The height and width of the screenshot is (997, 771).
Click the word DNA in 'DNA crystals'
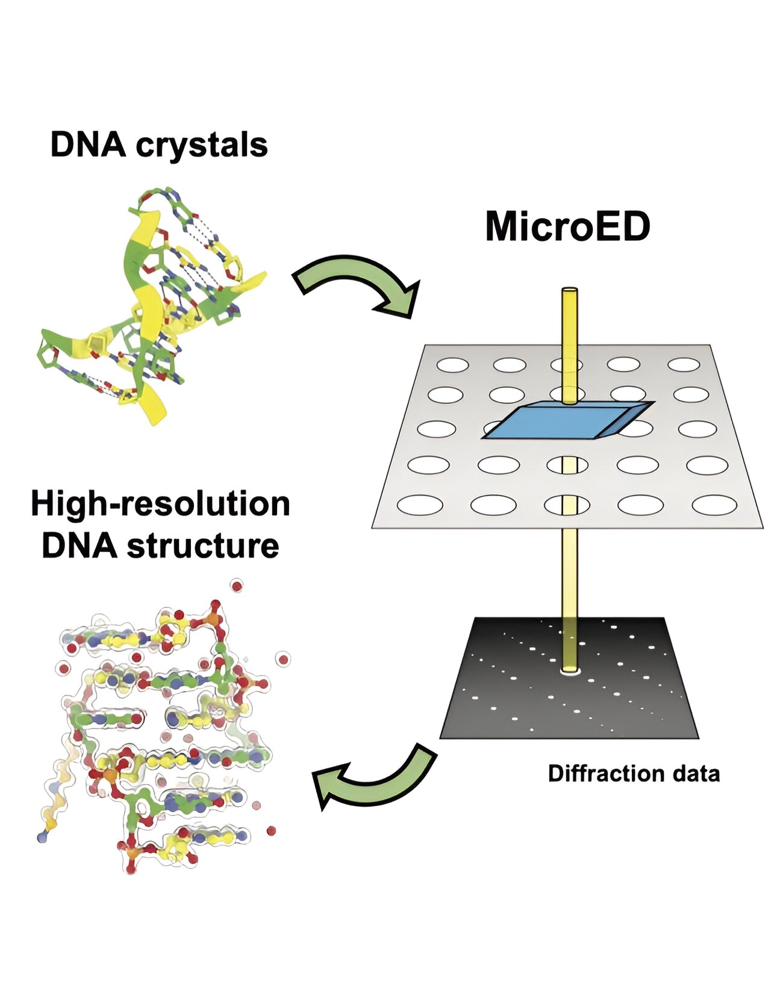[88, 145]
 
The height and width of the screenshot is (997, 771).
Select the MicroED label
[567, 227]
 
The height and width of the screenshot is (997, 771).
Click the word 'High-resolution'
[160, 504]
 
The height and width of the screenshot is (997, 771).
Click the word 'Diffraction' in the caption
[603, 773]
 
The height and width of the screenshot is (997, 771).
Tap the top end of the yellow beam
[569, 293]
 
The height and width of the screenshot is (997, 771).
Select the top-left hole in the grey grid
[452, 365]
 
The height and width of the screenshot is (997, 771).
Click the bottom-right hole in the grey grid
[714, 505]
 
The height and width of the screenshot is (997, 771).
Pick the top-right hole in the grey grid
[684, 364]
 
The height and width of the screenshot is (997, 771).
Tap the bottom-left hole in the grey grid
[420, 505]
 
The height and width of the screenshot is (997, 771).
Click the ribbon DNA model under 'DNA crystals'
[151, 307]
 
